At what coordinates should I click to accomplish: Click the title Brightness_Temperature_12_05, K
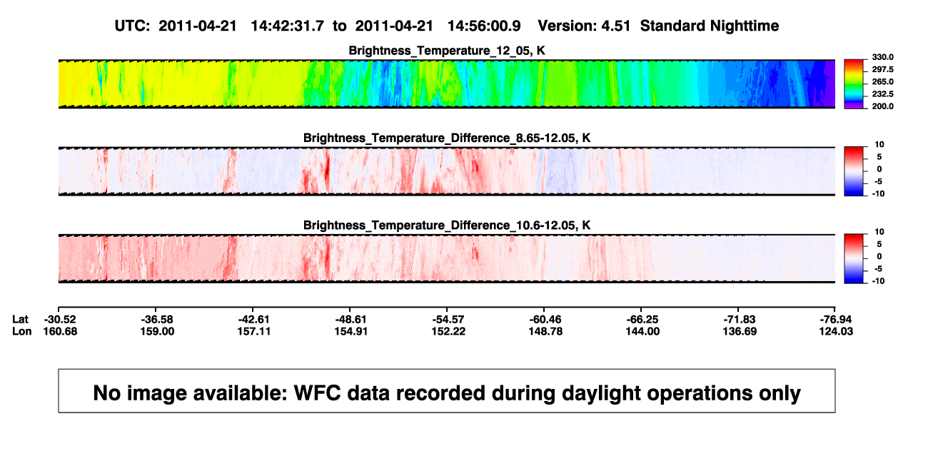tap(447, 51)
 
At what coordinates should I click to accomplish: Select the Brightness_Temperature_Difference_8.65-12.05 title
tap(447, 138)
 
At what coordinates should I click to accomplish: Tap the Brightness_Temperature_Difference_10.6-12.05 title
tap(447, 226)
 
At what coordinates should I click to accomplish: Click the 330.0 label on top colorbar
tap(882, 57)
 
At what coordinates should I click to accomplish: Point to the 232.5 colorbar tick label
tap(882, 94)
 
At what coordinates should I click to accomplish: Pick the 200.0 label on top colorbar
tap(882, 106)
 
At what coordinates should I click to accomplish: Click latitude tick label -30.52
tap(60, 320)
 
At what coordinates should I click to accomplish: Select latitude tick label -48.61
tap(351, 320)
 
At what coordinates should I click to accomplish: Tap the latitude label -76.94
tap(836, 320)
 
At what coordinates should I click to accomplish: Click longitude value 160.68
tap(60, 331)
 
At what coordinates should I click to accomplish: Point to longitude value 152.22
tap(448, 331)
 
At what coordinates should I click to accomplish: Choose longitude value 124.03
tap(836, 331)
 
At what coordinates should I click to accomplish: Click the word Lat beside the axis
tap(20, 320)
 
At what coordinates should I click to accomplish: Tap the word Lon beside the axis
tap(22, 331)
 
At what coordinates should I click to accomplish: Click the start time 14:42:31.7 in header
tap(287, 26)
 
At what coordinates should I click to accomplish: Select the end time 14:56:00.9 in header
tap(484, 26)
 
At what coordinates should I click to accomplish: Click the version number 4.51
tap(616, 26)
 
